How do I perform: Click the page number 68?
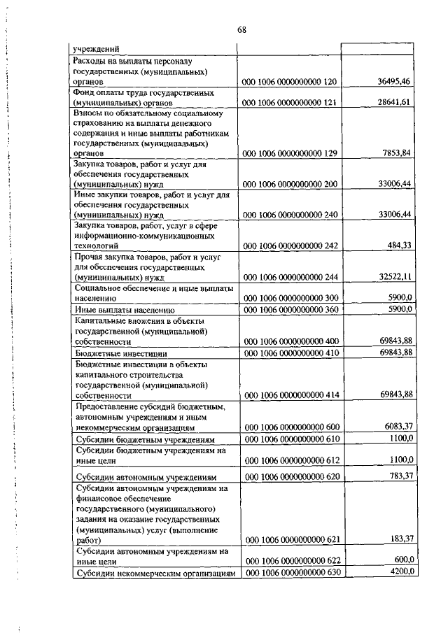(241, 29)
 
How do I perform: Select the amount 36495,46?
(393, 82)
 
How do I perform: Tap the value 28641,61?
(393, 102)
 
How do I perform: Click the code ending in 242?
(290, 246)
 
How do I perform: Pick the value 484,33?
(398, 246)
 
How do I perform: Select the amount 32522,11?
(393, 277)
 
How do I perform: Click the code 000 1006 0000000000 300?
(290, 297)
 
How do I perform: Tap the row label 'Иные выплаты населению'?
(124, 309)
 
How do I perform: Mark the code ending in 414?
(290, 394)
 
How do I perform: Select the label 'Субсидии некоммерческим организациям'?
(155, 574)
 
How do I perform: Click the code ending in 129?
(290, 152)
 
